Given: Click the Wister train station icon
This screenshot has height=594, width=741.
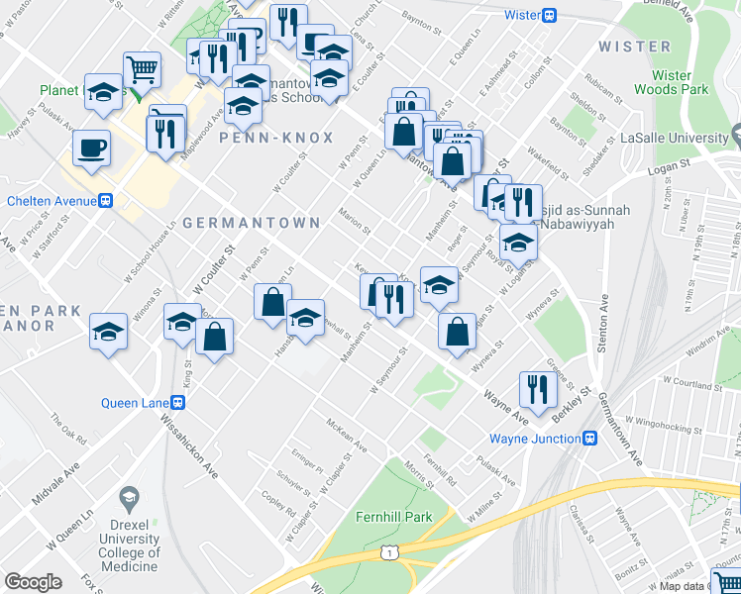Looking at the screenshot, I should click(549, 15).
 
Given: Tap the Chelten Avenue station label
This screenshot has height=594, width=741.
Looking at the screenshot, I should click(50, 201).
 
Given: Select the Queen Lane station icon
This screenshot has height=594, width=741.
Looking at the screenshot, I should click(178, 403).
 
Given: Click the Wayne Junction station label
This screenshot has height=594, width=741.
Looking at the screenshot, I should click(535, 439).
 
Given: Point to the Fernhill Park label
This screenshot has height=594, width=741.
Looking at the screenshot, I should click(395, 517).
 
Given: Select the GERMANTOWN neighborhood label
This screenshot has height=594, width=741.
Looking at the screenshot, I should click(252, 223).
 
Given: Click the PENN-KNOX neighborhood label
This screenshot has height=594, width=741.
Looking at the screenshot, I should click(277, 138).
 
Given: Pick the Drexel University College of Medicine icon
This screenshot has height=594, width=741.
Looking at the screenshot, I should click(128, 496).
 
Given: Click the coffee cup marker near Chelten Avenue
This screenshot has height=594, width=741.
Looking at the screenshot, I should click(92, 149).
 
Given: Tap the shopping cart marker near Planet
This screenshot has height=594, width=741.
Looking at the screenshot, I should click(143, 70).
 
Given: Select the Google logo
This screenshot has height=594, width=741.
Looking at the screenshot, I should click(33, 582).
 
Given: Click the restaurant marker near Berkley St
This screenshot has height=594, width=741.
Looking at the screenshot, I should click(536, 390).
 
